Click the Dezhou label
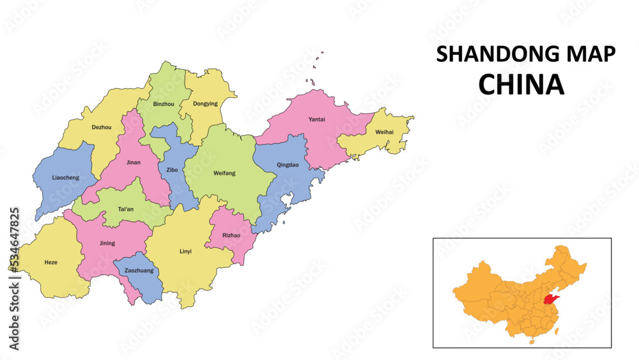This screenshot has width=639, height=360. (102, 127)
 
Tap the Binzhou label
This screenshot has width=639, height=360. (164, 104)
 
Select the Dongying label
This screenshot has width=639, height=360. (205, 104)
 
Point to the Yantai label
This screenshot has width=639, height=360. (316, 120)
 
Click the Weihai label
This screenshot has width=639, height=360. (384, 132)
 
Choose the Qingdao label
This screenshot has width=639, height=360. (288, 165)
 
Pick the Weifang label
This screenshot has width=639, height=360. (224, 173)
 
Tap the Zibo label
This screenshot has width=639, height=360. (172, 170)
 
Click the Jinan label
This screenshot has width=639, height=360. (134, 162)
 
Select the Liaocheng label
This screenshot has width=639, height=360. (66, 177)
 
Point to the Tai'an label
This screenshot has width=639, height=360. (126, 209)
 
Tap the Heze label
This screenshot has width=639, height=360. (50, 263)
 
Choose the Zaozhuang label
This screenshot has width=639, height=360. (139, 270)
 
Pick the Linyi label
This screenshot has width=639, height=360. (185, 251)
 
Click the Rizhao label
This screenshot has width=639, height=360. (231, 235)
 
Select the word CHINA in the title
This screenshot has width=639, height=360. (521, 84)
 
